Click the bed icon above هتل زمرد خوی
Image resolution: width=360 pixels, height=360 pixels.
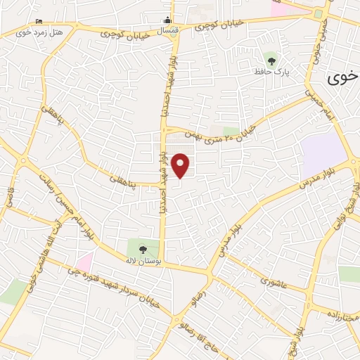coord(38,20)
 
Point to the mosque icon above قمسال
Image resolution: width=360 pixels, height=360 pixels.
coord(167,20)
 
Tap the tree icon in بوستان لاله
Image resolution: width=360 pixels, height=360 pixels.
coord(143,248)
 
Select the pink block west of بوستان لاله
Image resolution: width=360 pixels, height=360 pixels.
coord(84,263)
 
